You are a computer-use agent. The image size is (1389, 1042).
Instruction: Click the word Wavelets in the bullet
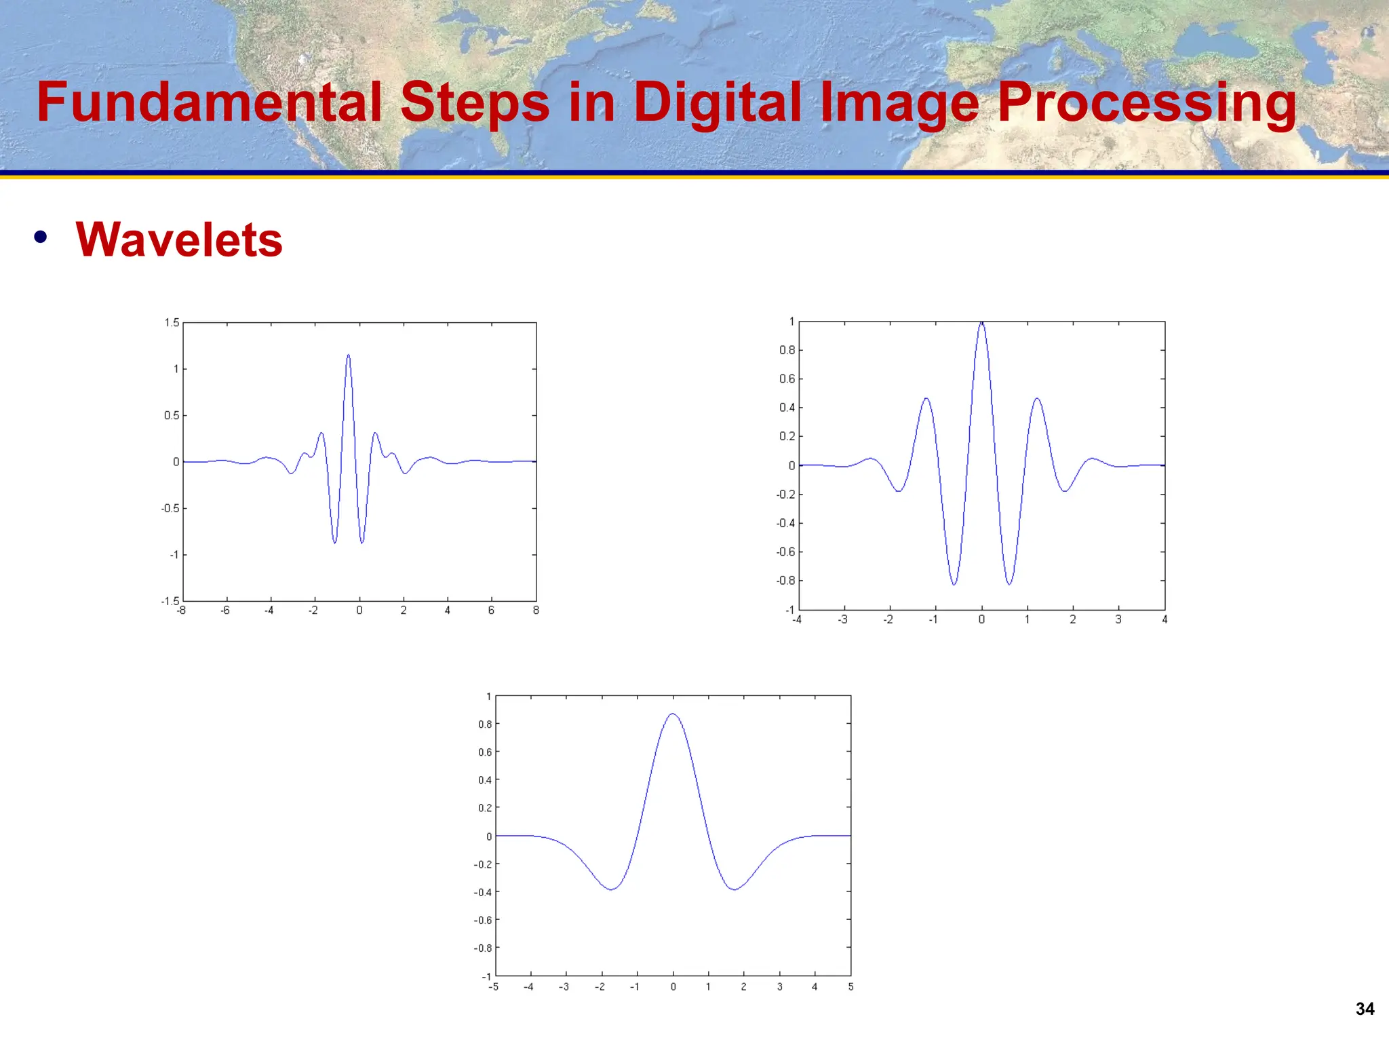179,240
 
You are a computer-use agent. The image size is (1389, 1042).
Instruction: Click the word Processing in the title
1146,102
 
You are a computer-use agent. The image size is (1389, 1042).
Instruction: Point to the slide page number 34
1365,1009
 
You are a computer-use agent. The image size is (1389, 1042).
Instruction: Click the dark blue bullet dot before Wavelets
41,237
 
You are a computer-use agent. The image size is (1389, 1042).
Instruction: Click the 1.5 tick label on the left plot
172,323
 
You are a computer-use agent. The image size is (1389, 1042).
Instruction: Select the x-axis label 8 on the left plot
536,611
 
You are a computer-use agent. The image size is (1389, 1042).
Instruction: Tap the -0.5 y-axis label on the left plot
170,508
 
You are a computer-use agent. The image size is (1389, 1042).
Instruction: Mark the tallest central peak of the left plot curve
349,355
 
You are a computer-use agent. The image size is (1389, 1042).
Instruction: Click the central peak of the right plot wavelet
981,324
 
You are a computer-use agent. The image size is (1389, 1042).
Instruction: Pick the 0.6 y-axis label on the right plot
787,379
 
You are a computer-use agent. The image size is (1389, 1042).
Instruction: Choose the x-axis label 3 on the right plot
1118,619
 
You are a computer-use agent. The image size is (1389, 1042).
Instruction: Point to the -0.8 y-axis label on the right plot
785,581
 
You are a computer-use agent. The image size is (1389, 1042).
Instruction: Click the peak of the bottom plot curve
672,714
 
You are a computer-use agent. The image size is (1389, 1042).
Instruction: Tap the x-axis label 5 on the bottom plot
850,987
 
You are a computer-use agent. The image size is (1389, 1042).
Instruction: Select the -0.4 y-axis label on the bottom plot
483,892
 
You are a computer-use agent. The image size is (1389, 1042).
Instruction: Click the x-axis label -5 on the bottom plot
494,987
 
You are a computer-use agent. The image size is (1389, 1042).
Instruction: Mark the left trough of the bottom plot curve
611,889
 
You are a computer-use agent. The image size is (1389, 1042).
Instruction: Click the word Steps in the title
474,102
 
